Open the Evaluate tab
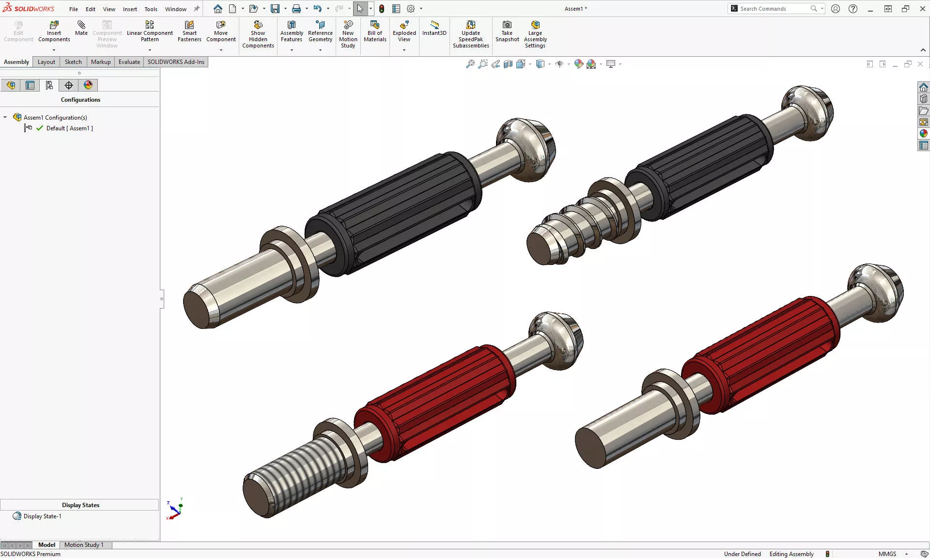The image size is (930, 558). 129,62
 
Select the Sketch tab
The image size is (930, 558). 73,62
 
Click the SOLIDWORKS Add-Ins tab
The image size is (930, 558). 176,62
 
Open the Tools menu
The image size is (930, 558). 151,9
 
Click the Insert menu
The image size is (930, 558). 130,9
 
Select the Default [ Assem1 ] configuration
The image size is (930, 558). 69,128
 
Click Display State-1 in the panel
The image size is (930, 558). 42,516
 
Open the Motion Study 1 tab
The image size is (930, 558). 84,545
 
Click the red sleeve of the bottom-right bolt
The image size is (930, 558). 760,354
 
